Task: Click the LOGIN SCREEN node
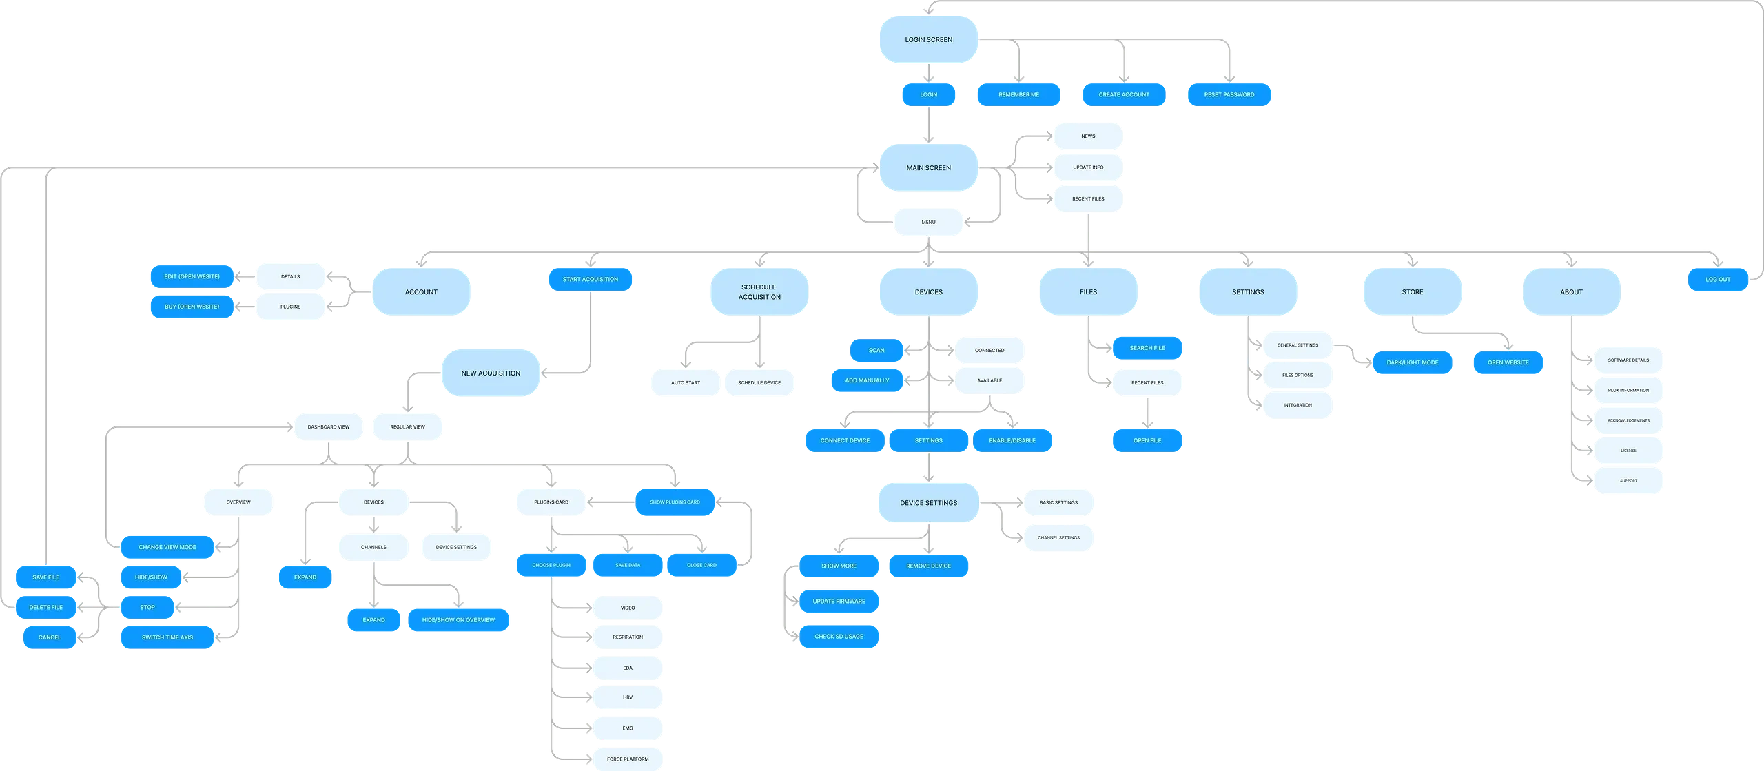click(x=928, y=39)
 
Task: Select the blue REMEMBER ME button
click(x=1018, y=94)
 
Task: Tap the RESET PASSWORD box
click(x=1229, y=94)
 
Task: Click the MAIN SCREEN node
click(x=928, y=167)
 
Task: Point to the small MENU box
click(x=928, y=222)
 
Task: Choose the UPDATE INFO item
click(x=1088, y=167)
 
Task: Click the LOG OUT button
click(x=1717, y=279)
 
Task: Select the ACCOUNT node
click(x=421, y=292)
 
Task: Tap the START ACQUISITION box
click(x=590, y=279)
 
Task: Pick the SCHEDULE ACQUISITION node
click(x=759, y=292)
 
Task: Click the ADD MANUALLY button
click(x=867, y=380)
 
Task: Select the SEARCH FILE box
click(x=1147, y=348)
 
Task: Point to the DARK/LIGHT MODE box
click(x=1412, y=362)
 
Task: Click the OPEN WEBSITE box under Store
click(x=1508, y=362)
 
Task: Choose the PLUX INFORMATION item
click(x=1628, y=390)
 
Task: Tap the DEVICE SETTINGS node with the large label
click(x=928, y=503)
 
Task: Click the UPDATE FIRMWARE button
click(x=839, y=601)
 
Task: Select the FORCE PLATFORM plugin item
click(x=627, y=759)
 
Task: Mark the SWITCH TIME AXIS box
click(x=167, y=637)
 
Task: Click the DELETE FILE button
click(x=45, y=607)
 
